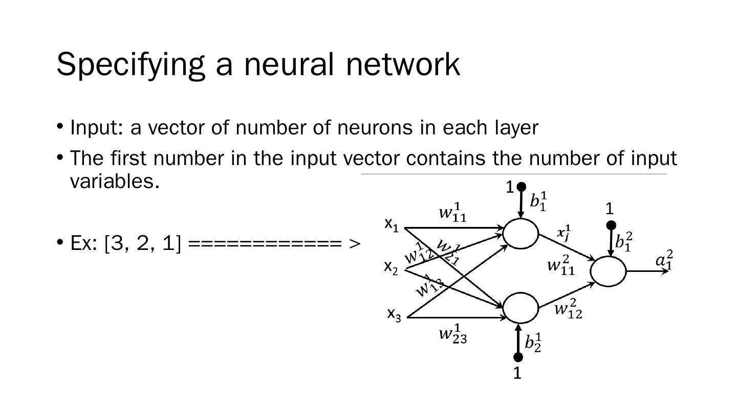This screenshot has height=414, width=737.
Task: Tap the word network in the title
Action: [x=403, y=64]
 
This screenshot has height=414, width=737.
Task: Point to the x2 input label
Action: [x=391, y=267]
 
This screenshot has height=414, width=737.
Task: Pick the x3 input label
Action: [x=394, y=314]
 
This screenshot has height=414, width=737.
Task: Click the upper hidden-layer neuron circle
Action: [x=521, y=234]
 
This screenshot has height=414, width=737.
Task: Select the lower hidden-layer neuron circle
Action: [x=521, y=308]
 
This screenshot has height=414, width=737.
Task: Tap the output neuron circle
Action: [x=608, y=271]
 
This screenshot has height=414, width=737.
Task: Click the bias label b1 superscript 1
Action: [x=538, y=201]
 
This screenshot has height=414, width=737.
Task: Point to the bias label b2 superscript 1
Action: [x=533, y=342]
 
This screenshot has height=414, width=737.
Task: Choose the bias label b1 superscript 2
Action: [x=623, y=241]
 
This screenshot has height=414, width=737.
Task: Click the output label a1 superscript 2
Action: [x=664, y=260]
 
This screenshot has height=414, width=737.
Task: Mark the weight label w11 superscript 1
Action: [x=452, y=213]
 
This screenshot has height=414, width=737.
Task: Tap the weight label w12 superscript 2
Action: [x=568, y=309]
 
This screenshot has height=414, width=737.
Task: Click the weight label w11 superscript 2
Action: [x=561, y=266]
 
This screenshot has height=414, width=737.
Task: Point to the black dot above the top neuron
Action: [x=521, y=187]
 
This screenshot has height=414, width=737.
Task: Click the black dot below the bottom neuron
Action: [x=518, y=357]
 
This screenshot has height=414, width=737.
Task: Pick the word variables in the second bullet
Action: [x=115, y=181]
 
